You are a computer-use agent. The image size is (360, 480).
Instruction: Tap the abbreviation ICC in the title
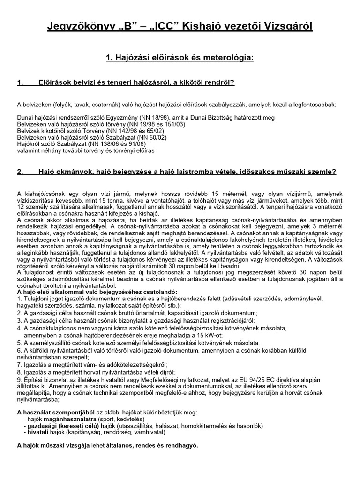(x=163, y=27)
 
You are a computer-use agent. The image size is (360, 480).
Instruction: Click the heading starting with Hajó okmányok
(x=187, y=172)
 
